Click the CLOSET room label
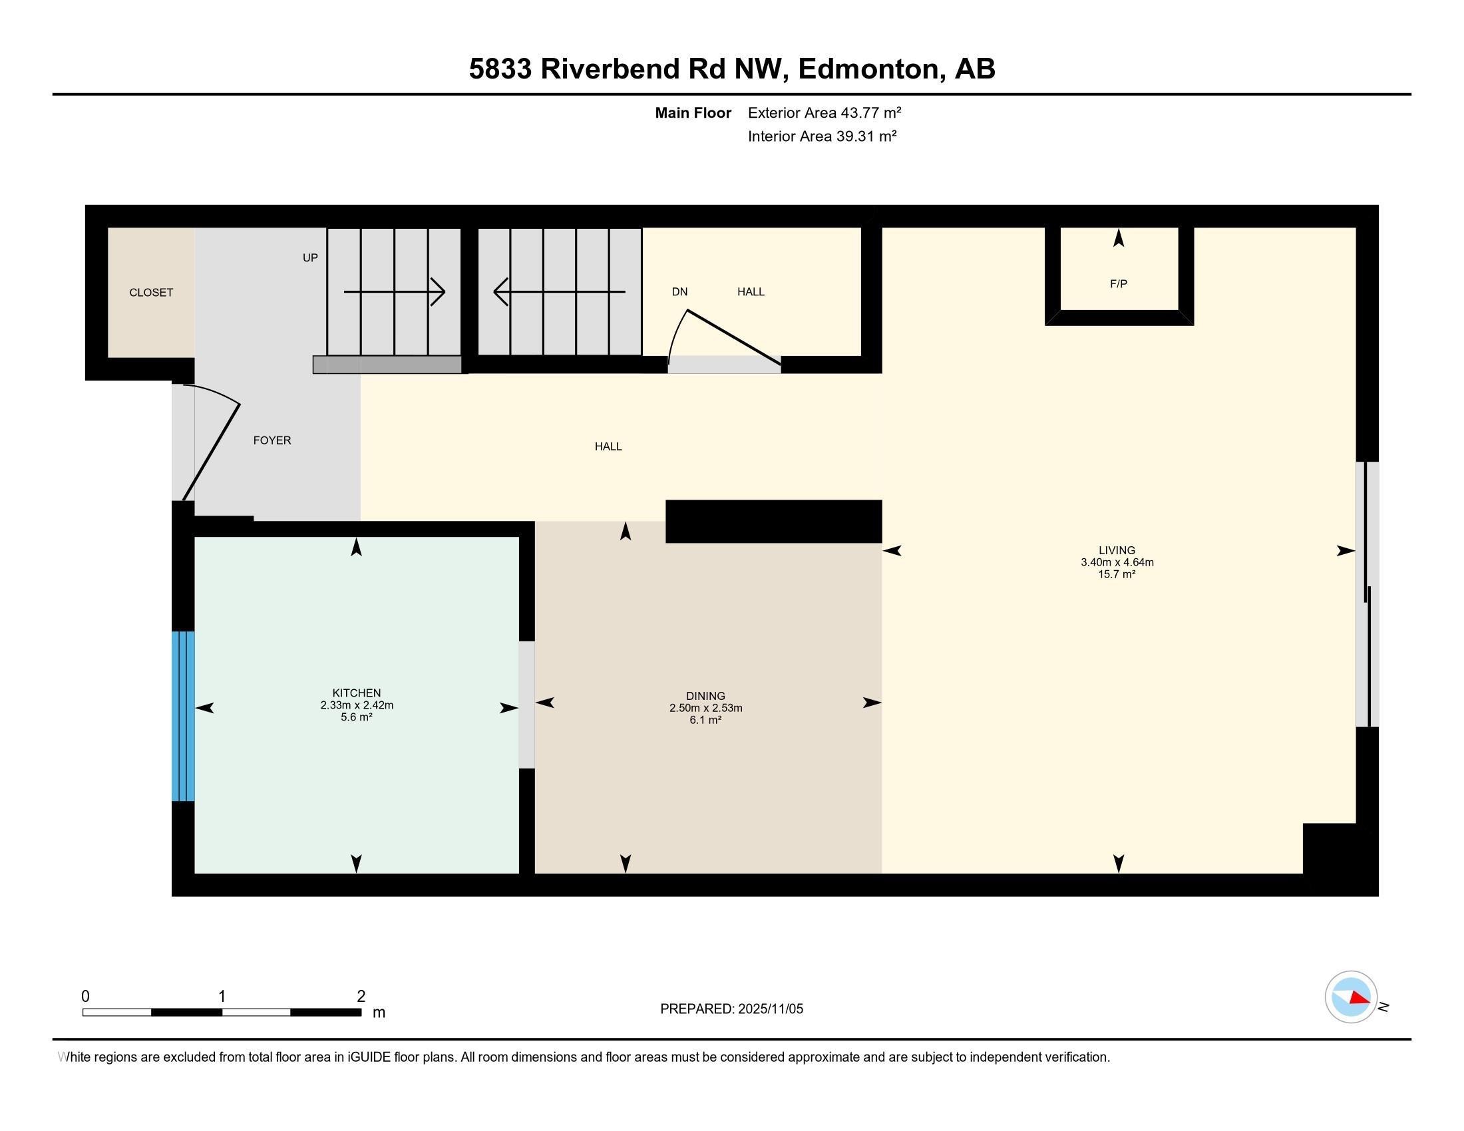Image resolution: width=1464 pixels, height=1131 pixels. [151, 292]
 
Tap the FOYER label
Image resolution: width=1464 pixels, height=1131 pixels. [272, 440]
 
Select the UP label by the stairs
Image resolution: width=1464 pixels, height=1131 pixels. [309, 258]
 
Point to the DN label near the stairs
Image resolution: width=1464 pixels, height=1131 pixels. [679, 291]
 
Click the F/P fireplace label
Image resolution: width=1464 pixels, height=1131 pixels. [1118, 284]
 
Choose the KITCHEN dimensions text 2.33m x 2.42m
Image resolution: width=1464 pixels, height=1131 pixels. [357, 705]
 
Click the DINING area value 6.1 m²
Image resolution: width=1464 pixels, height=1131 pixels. [705, 721]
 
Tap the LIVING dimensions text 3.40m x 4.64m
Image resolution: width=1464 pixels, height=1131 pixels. [1117, 563]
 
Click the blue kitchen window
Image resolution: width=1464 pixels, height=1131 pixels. [183, 716]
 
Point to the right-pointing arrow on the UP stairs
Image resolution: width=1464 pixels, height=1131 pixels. [394, 292]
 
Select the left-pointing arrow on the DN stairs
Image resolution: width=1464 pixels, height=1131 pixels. [560, 291]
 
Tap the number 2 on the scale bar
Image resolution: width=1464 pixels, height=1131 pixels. [361, 997]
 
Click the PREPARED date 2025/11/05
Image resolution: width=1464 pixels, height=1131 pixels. [770, 1009]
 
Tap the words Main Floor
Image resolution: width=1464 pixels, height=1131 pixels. [693, 113]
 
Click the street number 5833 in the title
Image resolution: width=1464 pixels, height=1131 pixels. [500, 69]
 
